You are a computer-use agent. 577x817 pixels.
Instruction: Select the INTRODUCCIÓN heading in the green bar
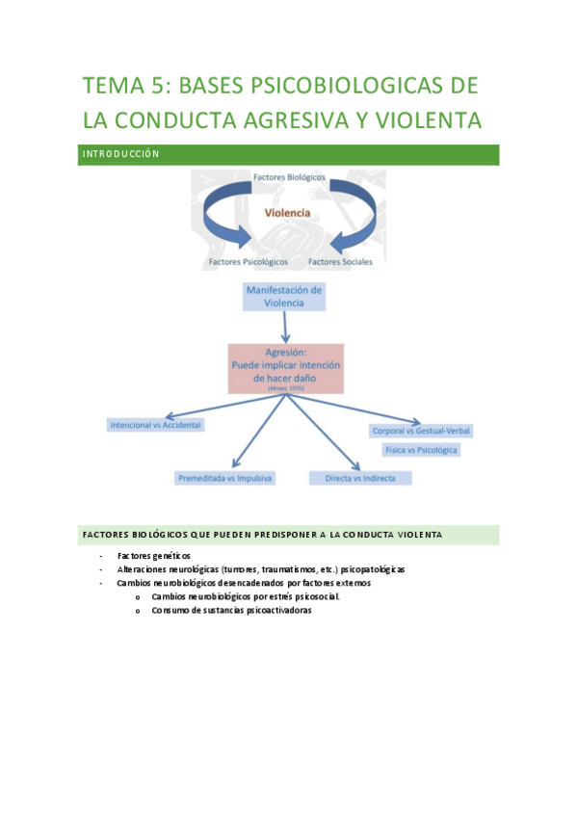(119, 154)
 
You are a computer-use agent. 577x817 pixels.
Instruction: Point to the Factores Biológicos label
(289, 178)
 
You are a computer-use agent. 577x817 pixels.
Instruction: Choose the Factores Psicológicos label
(248, 261)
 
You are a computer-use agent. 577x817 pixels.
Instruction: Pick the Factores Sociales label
(339, 261)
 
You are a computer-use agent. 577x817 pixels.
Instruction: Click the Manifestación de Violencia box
(284, 296)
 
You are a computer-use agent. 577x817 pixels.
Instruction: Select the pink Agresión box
(284, 369)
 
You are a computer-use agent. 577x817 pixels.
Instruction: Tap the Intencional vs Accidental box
(155, 424)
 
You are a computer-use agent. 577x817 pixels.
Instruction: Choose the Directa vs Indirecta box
(360, 477)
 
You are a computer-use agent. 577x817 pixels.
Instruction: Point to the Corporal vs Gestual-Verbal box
(421, 431)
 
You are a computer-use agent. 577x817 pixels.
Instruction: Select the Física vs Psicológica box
(421, 450)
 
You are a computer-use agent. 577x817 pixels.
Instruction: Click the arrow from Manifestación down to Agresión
(285, 328)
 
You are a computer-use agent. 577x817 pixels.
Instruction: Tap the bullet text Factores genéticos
(154, 556)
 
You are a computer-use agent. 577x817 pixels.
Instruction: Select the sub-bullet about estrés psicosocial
(245, 596)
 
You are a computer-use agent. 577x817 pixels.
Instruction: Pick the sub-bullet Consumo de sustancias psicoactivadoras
(231, 610)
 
